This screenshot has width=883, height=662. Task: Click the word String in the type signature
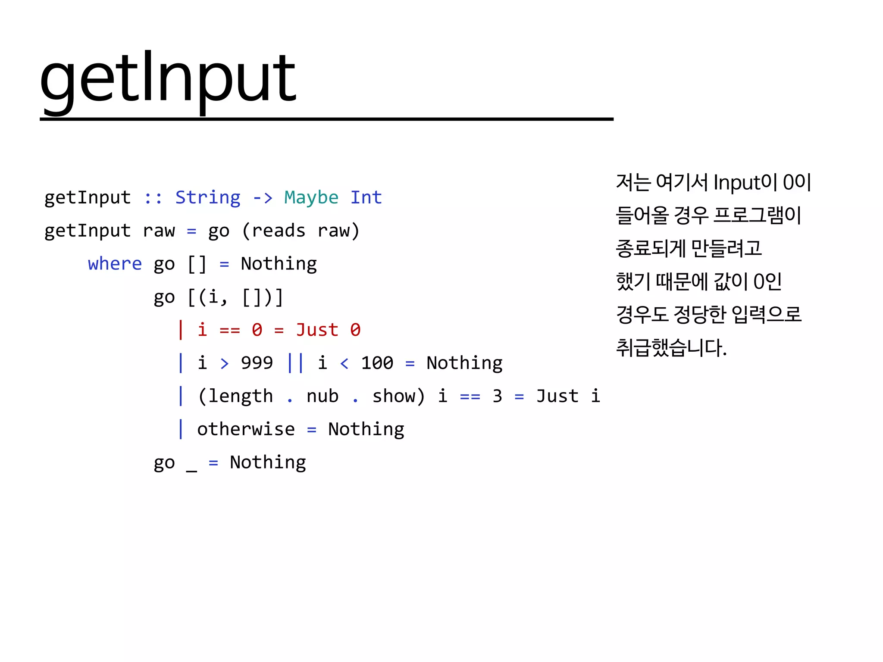point(208,197)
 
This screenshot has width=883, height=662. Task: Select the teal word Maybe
point(311,197)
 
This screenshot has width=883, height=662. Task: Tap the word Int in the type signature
point(366,197)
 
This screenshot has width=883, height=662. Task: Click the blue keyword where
point(115,263)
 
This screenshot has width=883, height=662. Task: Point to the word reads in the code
point(279,231)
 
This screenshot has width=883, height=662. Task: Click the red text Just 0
point(328,330)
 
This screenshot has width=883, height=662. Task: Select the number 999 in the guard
point(257,363)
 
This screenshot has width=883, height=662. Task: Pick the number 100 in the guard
point(377,363)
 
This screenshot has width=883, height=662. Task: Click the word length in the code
point(241,396)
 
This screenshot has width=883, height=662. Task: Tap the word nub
point(323,396)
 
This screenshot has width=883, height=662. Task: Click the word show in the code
point(393,396)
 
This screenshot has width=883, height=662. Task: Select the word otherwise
point(246,429)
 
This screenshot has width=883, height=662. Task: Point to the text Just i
point(568,396)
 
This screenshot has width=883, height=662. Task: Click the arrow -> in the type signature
point(263,198)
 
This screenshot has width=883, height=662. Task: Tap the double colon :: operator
point(153,198)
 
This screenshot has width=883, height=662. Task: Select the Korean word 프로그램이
point(757,215)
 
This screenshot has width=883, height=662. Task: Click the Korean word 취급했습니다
point(671,347)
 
